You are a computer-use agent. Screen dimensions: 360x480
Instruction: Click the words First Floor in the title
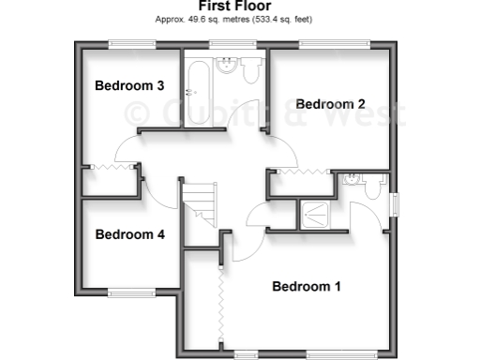(235, 6)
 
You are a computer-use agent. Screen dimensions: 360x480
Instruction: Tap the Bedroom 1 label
(307, 286)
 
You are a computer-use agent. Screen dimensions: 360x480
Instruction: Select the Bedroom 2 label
(331, 104)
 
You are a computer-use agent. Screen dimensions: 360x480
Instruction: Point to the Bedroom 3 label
(130, 85)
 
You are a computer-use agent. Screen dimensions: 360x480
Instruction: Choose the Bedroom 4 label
(130, 234)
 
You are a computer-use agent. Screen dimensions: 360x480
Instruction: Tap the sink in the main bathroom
(227, 66)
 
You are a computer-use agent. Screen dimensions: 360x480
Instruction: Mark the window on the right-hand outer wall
(395, 206)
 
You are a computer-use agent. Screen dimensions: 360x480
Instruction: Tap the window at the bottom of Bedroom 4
(130, 293)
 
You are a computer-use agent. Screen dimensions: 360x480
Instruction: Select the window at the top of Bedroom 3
(130, 44)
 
